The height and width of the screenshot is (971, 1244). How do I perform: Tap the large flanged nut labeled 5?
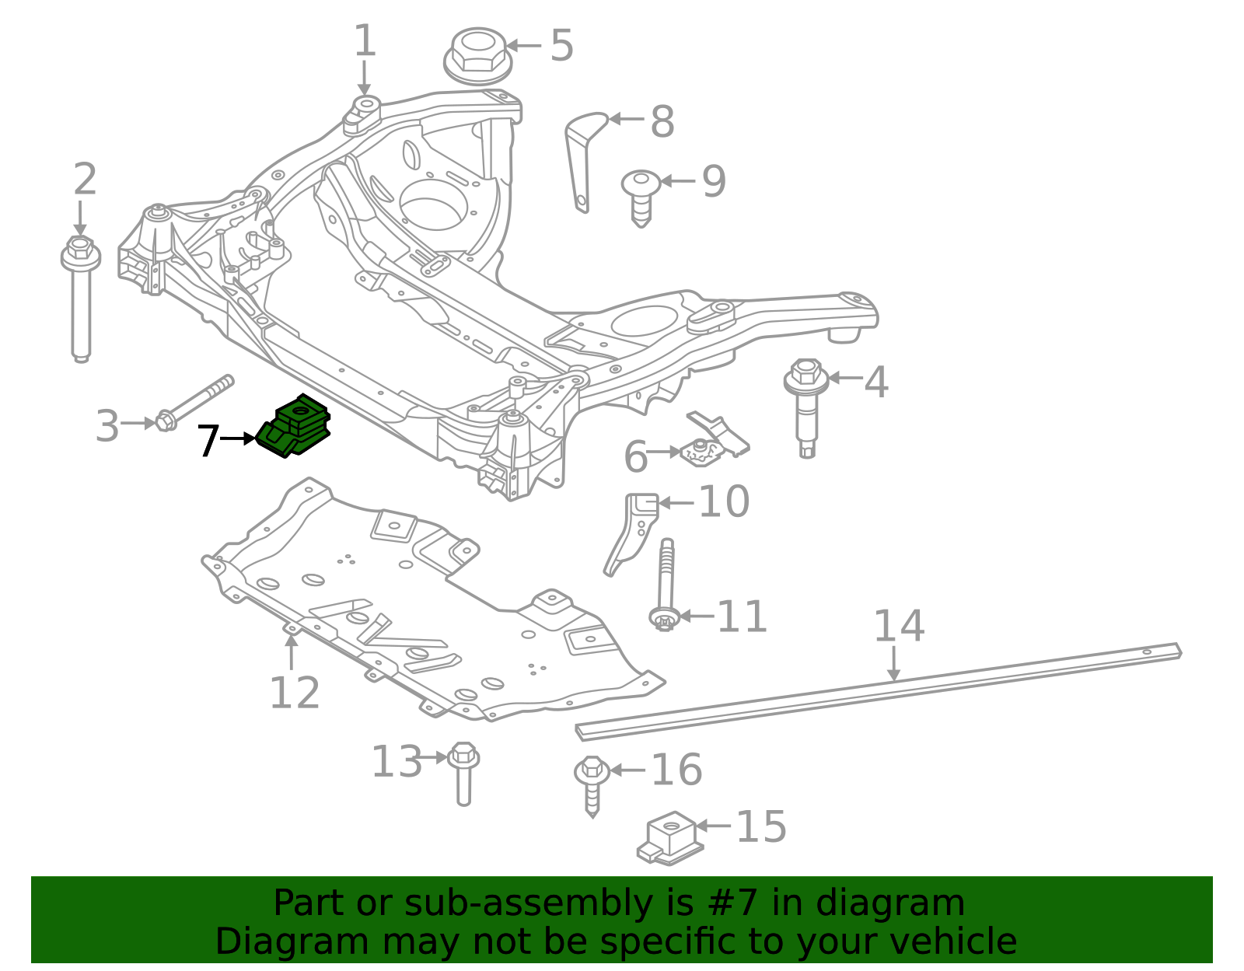click(477, 57)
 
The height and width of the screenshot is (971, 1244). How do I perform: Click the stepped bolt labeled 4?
click(806, 407)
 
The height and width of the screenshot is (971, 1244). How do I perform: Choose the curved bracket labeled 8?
click(585, 161)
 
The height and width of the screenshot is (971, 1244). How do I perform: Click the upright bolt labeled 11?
click(666, 585)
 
